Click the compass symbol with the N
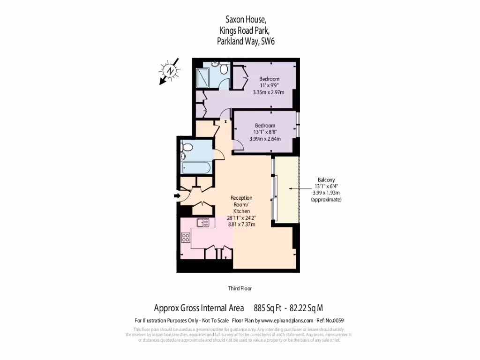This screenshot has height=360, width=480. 170,71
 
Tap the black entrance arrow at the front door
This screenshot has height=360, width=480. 178,195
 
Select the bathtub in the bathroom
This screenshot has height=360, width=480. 195,167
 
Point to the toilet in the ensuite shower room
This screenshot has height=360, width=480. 224,69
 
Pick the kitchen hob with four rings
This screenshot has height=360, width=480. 185,237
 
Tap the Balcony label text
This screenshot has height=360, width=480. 326,180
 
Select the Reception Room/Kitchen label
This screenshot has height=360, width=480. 241,205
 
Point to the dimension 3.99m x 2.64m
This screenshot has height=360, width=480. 265,139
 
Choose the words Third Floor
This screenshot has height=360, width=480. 240,288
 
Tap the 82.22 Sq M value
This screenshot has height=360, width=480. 307,308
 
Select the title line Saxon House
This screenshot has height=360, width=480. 246,20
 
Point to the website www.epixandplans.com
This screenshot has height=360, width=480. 286,321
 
